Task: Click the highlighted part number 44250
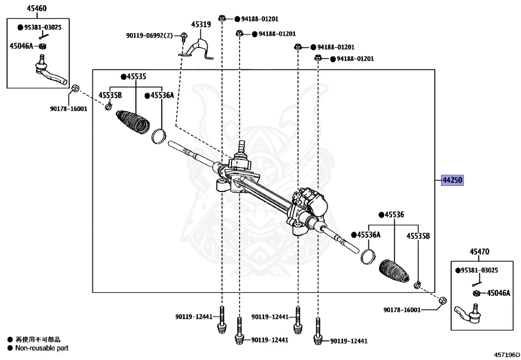[x=452, y=181]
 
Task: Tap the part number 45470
[x=479, y=252]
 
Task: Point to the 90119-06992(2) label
[x=150, y=35]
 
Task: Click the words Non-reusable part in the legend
[x=42, y=348]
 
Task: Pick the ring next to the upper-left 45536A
[x=160, y=136]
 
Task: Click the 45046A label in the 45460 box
[x=21, y=46]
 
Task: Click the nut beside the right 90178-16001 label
[x=442, y=300]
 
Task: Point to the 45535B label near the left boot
[x=110, y=95]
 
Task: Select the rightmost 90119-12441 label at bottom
[x=349, y=341]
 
